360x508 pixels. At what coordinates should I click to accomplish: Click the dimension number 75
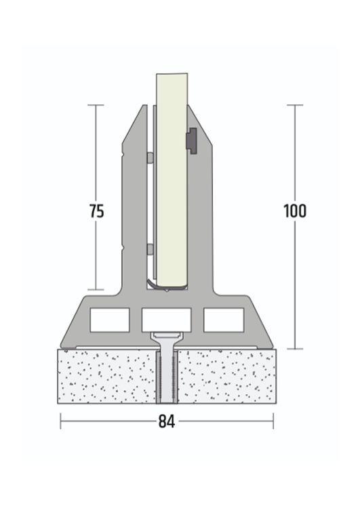97,211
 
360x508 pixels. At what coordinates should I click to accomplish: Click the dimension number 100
295,211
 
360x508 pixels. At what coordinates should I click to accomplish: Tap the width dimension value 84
167,421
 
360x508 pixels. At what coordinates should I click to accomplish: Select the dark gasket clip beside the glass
192,141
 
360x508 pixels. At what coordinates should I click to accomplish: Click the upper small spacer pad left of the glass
150,158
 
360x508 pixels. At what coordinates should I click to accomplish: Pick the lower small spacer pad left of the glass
150,249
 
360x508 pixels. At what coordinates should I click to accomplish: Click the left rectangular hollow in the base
110,320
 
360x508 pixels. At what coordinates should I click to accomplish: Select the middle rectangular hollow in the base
166,320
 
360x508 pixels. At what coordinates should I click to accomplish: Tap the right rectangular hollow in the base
224,320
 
